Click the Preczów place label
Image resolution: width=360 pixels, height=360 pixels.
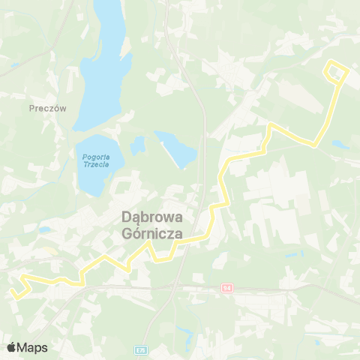coord(48,108)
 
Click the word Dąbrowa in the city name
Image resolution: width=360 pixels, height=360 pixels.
coord(157,217)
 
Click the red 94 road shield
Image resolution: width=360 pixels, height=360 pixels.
coord(227,288)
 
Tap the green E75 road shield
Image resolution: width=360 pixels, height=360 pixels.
coord(140,349)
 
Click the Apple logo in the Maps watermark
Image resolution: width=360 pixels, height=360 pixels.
coord(11,347)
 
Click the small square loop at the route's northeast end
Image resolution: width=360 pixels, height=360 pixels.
coord(336,72)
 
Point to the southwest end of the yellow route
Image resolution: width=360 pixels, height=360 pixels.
coord(14,296)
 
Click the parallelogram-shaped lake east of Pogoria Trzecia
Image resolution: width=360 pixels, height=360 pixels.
coord(178,149)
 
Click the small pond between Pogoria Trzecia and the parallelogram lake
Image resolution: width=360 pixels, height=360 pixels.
coord(137,144)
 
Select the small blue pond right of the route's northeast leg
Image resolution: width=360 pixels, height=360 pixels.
coord(340,144)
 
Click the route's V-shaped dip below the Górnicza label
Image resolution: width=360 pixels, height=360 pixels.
coord(159,259)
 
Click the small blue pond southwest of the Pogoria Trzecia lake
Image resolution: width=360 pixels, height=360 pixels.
coord(44,229)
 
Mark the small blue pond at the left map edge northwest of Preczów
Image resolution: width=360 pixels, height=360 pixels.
coord(13,66)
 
